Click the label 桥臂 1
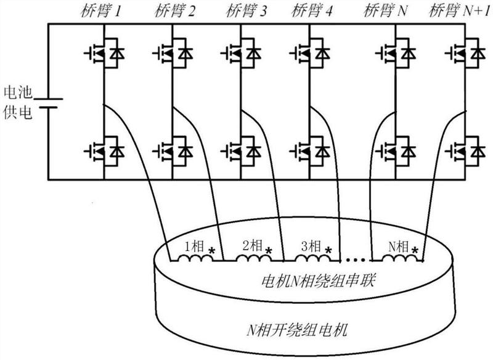pos(99,10)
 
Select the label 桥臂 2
pos(168,10)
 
